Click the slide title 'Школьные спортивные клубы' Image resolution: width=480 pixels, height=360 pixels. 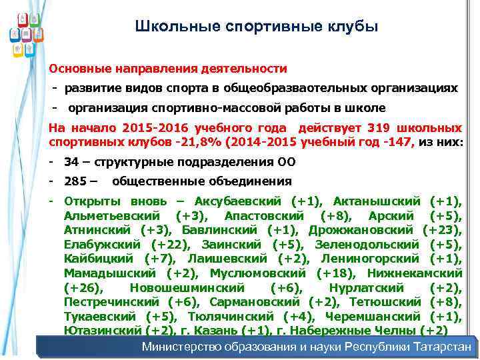(x=256, y=27)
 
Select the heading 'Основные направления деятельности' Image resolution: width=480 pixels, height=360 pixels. (x=168, y=69)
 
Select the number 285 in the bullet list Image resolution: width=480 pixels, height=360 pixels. (x=75, y=181)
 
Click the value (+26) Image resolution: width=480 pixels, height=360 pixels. (x=83, y=288)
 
